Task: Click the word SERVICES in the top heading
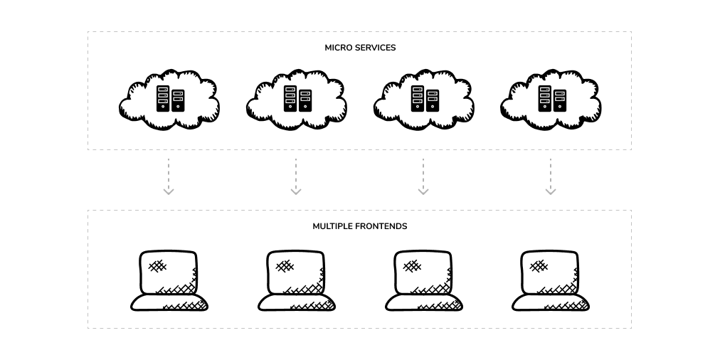click(376, 48)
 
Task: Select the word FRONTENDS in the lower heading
click(383, 226)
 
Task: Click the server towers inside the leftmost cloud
click(170, 99)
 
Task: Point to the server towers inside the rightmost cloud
click(552, 99)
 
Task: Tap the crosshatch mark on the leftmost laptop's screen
click(157, 266)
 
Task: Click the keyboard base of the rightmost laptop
click(551, 302)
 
